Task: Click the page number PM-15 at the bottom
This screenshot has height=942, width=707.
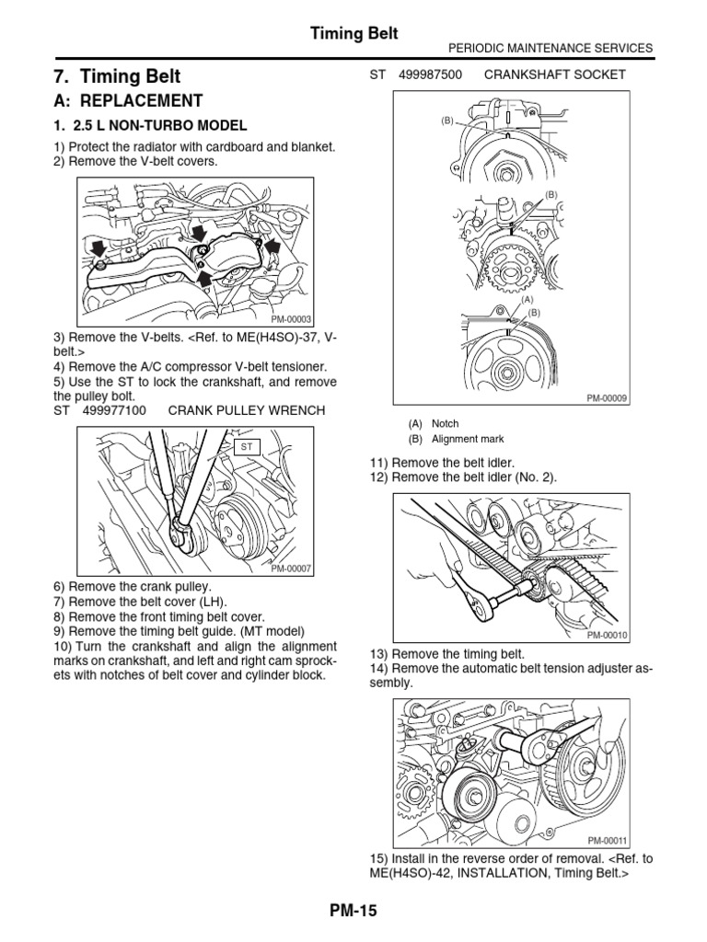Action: pyautogui.click(x=353, y=912)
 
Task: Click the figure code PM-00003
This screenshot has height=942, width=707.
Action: pyautogui.click(x=291, y=320)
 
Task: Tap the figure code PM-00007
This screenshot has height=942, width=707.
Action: pyautogui.click(x=292, y=569)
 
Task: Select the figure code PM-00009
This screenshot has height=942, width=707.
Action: pyautogui.click(x=607, y=397)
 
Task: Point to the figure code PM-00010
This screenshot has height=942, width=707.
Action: pyautogui.click(x=607, y=635)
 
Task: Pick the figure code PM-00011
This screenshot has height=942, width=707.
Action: pyautogui.click(x=607, y=840)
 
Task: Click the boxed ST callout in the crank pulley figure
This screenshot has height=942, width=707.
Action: pyautogui.click(x=248, y=447)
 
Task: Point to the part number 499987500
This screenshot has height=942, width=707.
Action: pyautogui.click(x=430, y=74)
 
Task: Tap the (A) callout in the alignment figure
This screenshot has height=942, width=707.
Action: pyautogui.click(x=527, y=300)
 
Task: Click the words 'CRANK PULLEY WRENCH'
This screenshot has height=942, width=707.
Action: pyautogui.click(x=247, y=408)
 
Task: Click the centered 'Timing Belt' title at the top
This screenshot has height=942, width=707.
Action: pyautogui.click(x=353, y=33)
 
